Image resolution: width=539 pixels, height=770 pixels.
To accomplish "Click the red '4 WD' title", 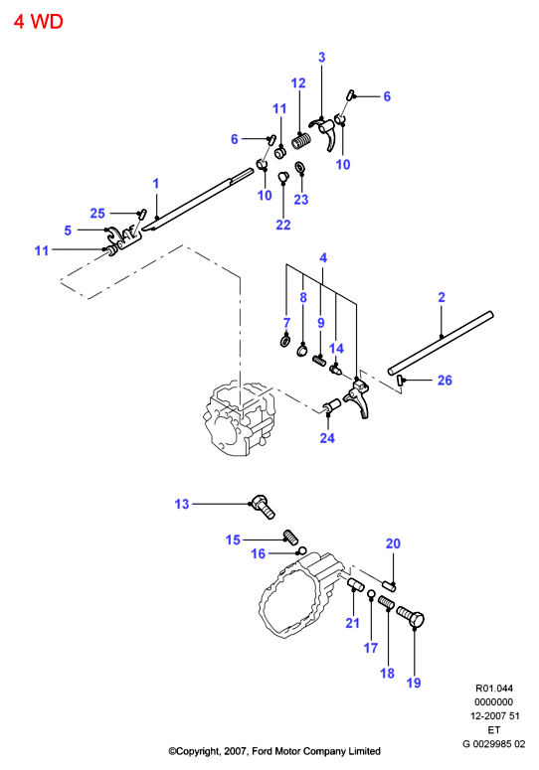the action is click(x=39, y=22).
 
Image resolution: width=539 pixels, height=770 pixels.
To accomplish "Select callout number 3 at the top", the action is click(x=322, y=57).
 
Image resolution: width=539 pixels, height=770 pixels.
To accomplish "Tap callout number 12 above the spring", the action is click(x=298, y=83).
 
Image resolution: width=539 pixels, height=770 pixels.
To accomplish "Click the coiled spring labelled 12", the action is click(x=301, y=141).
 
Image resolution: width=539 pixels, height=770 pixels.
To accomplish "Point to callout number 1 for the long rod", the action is click(x=156, y=183).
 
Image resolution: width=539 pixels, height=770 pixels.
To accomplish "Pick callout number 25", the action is click(x=97, y=214).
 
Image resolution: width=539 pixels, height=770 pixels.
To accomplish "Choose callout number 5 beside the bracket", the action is click(x=68, y=231).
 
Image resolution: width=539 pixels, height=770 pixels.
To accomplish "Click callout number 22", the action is click(x=283, y=225).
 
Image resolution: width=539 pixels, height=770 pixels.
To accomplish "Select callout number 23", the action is click(x=301, y=199).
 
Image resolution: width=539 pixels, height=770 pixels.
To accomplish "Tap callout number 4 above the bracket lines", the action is click(x=323, y=257).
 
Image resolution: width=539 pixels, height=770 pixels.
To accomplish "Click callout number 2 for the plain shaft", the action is click(x=442, y=297).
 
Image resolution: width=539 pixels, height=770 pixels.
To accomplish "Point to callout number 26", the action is click(x=445, y=381).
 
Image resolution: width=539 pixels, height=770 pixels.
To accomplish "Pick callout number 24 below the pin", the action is click(x=327, y=437).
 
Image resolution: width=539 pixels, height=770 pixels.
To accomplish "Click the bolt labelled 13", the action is click(x=263, y=507).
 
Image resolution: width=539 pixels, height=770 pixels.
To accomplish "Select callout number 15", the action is click(x=233, y=539).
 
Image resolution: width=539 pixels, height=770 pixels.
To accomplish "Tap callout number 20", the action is click(x=393, y=543).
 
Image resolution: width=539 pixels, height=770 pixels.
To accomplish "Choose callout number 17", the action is click(x=371, y=648).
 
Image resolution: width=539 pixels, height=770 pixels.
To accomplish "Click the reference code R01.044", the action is click(x=494, y=689).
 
